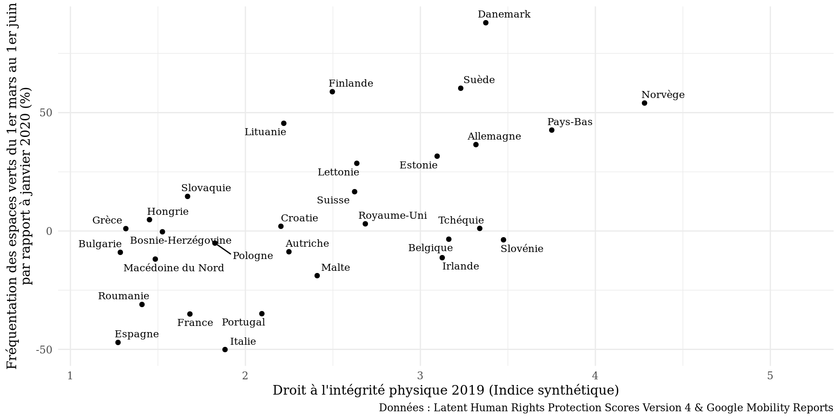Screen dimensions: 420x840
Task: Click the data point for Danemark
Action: coord(486,23)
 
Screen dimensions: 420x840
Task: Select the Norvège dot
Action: coord(644,103)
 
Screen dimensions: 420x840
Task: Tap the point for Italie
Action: coord(225,350)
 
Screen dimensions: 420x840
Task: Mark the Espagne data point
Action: coord(118,343)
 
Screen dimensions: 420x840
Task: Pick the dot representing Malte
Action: coord(317,276)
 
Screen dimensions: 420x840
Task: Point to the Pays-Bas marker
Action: coord(552,130)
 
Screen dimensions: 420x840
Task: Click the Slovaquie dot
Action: coord(188,196)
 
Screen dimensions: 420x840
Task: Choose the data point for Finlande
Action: coord(332,92)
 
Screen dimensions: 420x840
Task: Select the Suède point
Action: coord(461,88)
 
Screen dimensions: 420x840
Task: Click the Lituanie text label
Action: coord(265,132)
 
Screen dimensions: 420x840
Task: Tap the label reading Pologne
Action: coord(253,256)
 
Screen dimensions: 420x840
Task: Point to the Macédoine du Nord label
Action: coord(174,268)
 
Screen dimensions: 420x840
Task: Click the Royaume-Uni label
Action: coord(392,216)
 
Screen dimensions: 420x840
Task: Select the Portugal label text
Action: coord(243,322)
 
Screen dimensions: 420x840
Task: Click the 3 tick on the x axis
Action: coord(420,376)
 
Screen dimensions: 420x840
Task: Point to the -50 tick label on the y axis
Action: coord(44,350)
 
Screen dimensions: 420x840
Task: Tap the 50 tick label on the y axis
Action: coord(46,113)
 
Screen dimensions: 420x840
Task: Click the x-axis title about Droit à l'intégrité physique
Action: coord(445,390)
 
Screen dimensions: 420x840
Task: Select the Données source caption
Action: coord(606,408)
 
